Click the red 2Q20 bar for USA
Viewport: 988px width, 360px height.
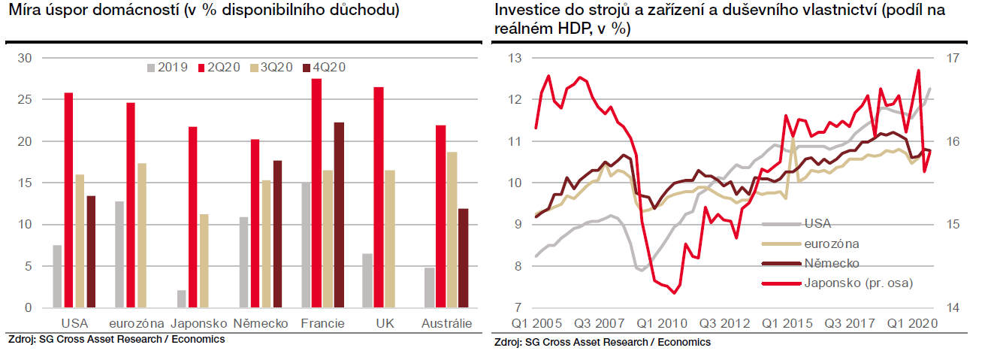coord(68,200)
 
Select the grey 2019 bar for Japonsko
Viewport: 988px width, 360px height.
coord(181,298)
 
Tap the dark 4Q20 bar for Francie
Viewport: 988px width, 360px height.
coord(339,215)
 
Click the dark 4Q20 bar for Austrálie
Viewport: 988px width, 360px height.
coord(463,258)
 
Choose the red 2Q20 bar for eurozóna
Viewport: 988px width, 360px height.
coord(131,205)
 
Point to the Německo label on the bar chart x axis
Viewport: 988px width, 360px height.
coord(261,323)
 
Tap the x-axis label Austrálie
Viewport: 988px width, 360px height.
coord(446,323)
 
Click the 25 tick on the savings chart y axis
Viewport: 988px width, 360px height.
coord(24,100)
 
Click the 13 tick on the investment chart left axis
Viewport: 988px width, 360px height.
coord(514,58)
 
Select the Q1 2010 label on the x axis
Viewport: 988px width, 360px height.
coord(663,323)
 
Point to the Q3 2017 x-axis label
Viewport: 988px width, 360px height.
coord(849,323)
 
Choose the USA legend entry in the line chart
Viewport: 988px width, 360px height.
coord(817,223)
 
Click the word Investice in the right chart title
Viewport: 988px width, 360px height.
coord(524,11)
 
